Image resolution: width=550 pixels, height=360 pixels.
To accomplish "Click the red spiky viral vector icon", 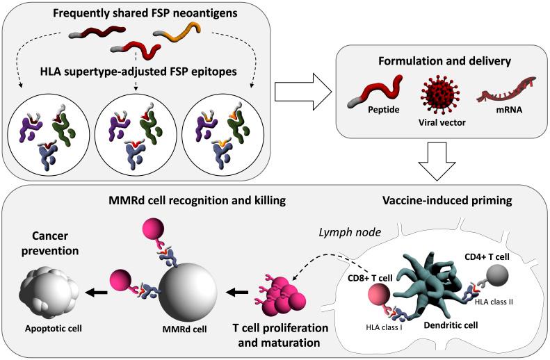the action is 440,95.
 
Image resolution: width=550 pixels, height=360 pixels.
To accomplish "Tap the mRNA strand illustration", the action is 506,90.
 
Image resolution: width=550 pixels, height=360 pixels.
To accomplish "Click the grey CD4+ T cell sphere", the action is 497,275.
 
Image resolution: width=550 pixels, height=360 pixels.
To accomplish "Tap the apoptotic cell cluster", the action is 49,293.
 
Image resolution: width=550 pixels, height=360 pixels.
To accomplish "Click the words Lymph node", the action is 350,232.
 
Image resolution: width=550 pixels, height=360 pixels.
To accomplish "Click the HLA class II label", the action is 494,301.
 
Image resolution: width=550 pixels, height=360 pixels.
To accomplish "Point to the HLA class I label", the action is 384,327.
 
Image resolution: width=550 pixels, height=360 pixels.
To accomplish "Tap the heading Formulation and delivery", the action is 444,61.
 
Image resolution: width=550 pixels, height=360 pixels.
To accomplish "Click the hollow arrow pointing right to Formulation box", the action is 303,92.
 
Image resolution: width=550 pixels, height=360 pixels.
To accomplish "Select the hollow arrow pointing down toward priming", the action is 437,161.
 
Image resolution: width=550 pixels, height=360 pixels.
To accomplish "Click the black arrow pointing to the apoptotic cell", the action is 97,292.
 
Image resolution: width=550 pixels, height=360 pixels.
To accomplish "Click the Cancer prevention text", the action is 50,243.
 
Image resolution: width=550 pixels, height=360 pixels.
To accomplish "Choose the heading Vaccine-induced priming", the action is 447,200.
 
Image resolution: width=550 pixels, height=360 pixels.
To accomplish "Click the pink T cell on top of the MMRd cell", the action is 153,229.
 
